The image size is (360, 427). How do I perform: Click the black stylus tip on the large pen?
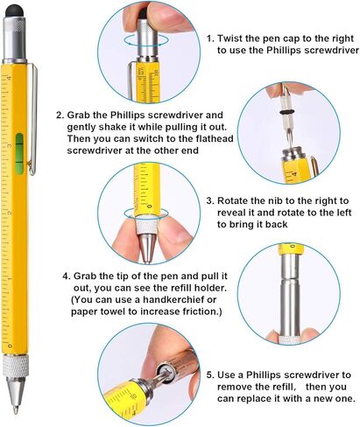point(15,11)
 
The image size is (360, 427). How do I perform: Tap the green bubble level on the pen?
point(19,154)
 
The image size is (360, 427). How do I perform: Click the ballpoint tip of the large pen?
point(15,409)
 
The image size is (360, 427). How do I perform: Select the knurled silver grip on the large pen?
point(16,366)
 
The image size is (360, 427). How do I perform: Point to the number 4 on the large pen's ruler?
point(9,78)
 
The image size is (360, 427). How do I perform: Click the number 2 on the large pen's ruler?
point(10,213)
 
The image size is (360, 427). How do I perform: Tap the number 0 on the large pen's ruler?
point(10,346)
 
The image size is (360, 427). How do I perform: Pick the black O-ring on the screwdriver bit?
point(288,112)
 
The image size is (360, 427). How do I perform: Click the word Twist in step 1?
point(229,38)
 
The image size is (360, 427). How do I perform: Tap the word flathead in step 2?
point(215,138)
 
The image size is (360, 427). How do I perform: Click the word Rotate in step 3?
point(233,200)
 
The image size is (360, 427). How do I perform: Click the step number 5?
point(210,375)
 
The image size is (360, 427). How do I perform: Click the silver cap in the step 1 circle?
point(147,38)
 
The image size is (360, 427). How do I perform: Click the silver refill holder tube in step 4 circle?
point(289,295)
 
